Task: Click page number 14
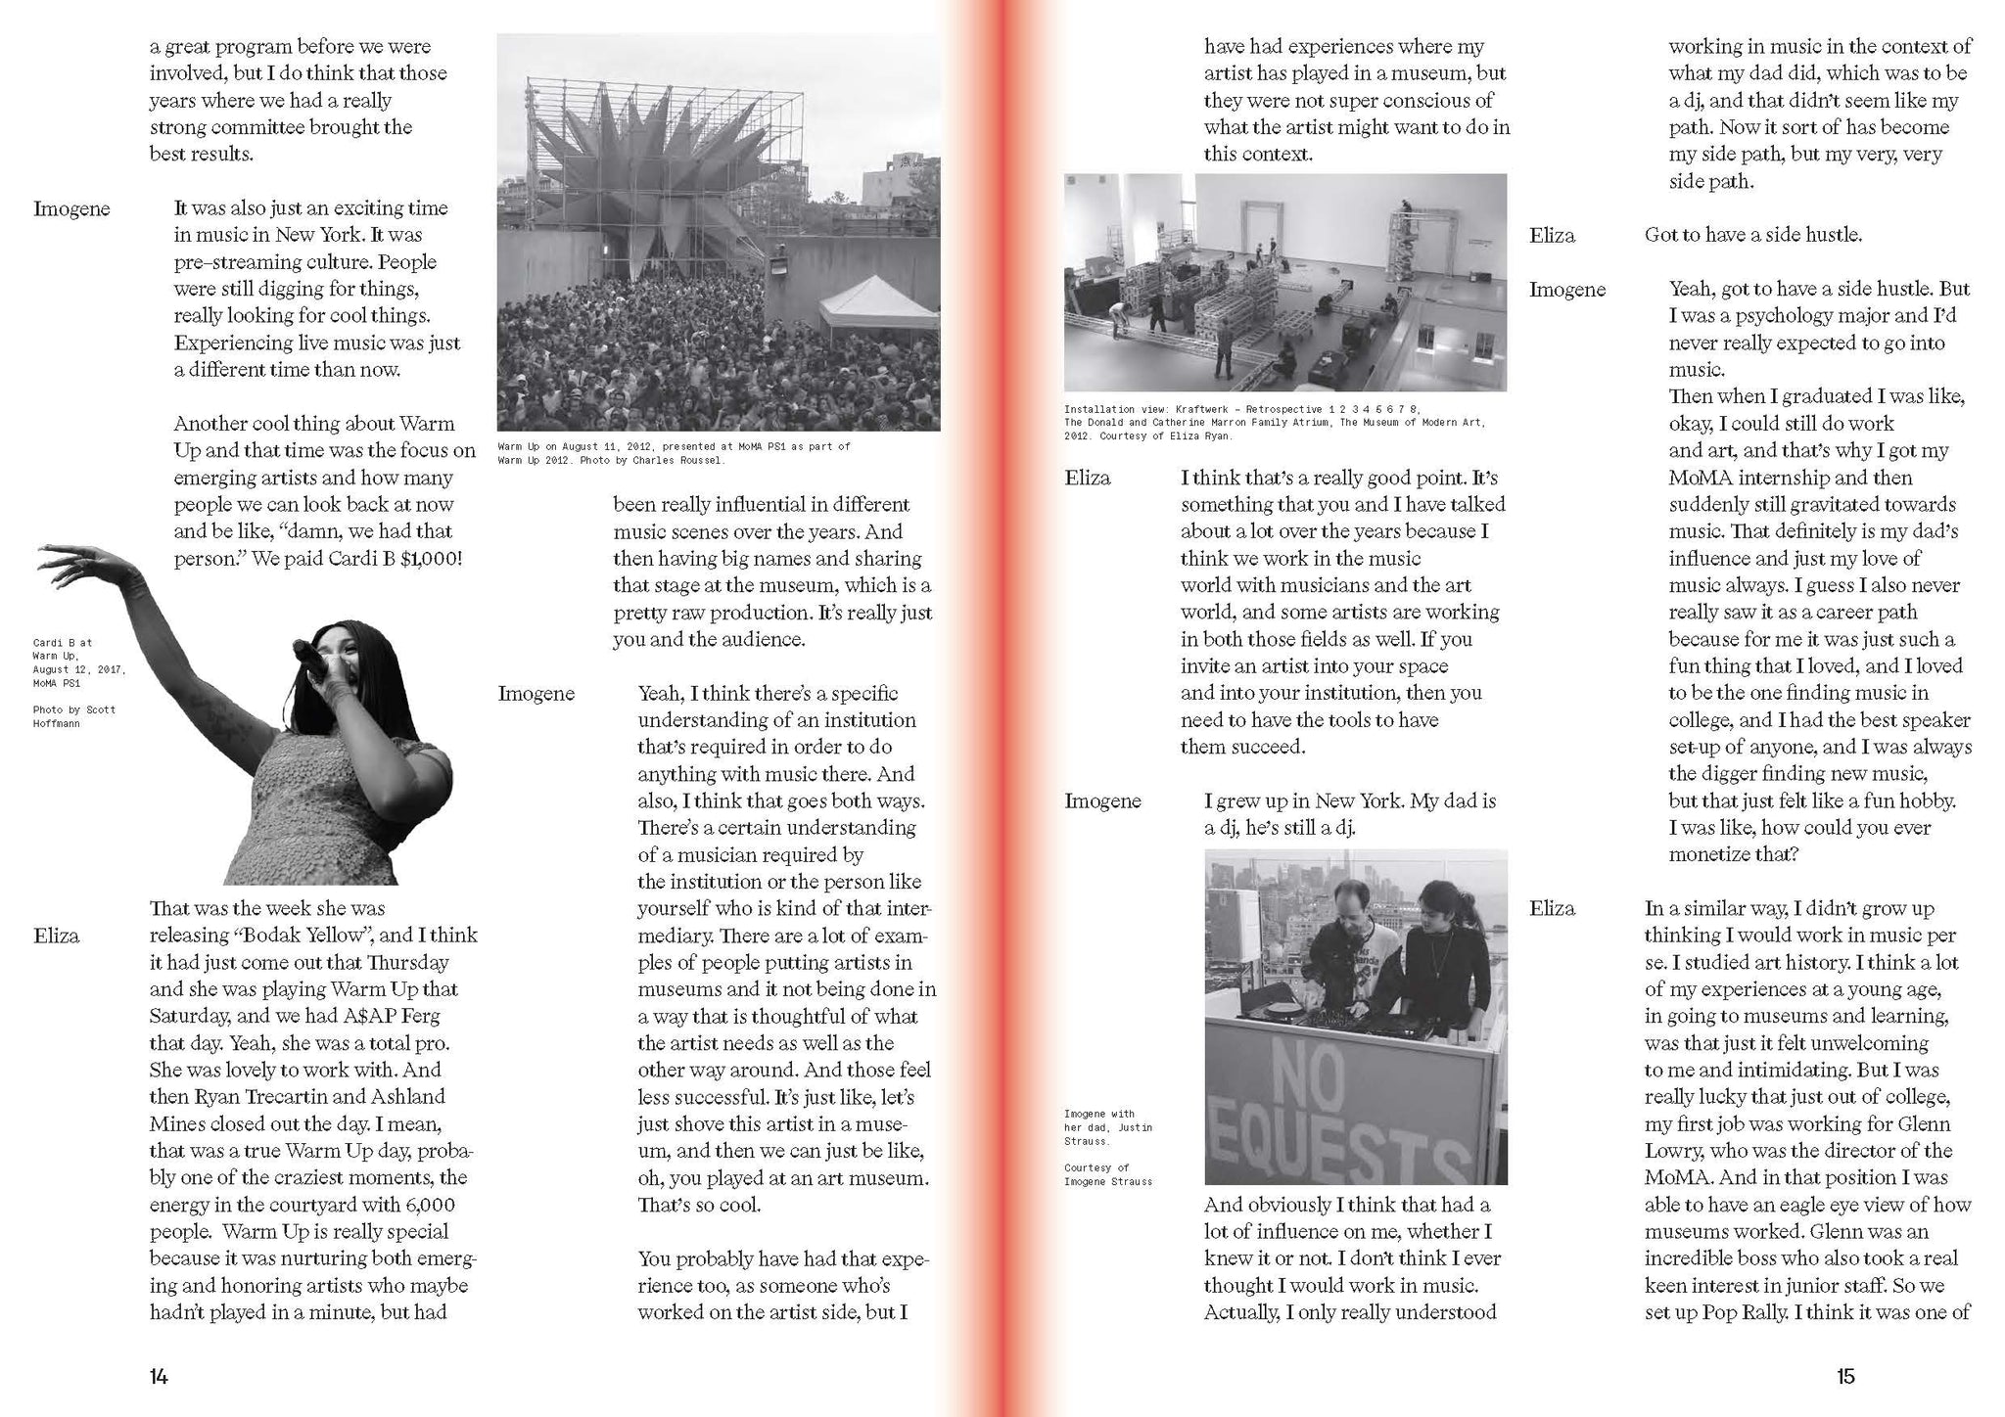(159, 1377)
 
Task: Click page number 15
(1844, 1377)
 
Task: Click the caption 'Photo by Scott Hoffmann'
(74, 716)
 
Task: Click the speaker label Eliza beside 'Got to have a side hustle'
(1552, 236)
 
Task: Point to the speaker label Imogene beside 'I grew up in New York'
(1102, 801)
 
